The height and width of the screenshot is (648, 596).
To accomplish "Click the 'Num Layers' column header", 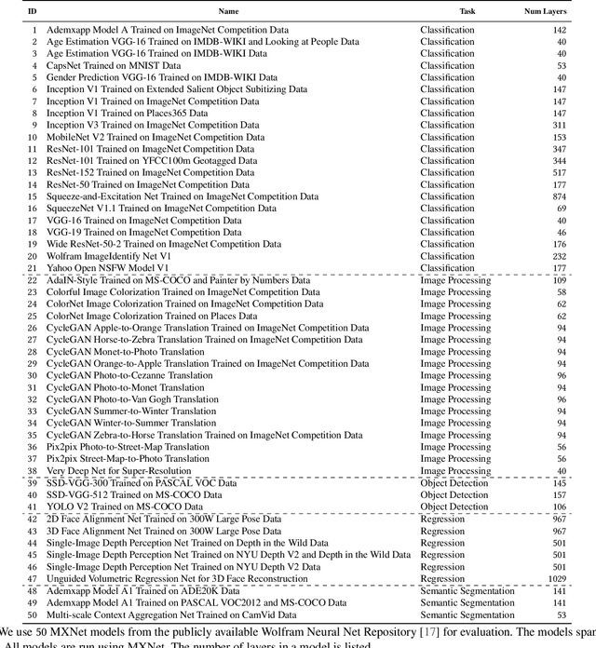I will (x=546, y=11).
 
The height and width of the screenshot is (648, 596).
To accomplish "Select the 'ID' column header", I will (x=33, y=11).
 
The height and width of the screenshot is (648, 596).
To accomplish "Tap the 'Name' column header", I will (x=228, y=11).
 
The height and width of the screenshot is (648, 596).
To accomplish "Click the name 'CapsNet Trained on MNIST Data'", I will (x=114, y=66).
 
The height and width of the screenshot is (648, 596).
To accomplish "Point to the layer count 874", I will (x=558, y=196).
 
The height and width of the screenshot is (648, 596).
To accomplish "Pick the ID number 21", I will (x=33, y=268).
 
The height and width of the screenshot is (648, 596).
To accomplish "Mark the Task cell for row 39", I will (x=454, y=483).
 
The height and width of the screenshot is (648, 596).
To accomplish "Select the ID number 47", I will (x=33, y=578).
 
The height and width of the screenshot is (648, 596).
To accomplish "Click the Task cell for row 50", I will (x=467, y=614).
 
